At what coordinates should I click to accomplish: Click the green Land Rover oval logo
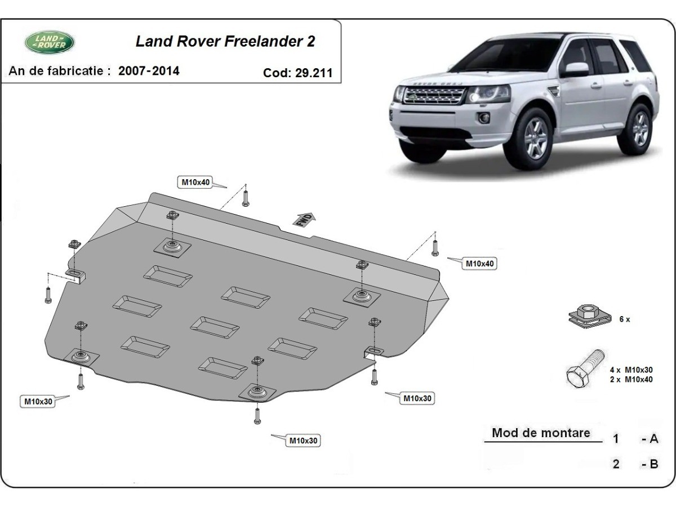tap(50, 42)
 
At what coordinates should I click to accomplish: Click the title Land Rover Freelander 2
tap(225, 42)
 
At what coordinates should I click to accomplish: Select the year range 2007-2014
tap(149, 71)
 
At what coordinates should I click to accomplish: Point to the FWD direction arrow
tap(304, 219)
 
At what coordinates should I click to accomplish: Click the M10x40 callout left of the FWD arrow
tap(195, 181)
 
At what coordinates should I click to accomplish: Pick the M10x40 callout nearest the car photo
tap(480, 263)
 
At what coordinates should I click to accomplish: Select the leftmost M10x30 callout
tap(38, 402)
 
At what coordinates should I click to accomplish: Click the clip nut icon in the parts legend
tap(588, 317)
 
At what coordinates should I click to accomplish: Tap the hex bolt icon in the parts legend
tap(584, 370)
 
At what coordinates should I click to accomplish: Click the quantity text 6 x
tap(624, 319)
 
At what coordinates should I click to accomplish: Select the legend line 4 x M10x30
tap(631, 370)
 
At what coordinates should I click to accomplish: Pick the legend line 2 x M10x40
tap(631, 379)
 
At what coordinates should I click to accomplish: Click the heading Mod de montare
tap(541, 433)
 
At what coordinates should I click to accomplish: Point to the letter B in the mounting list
tap(653, 464)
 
